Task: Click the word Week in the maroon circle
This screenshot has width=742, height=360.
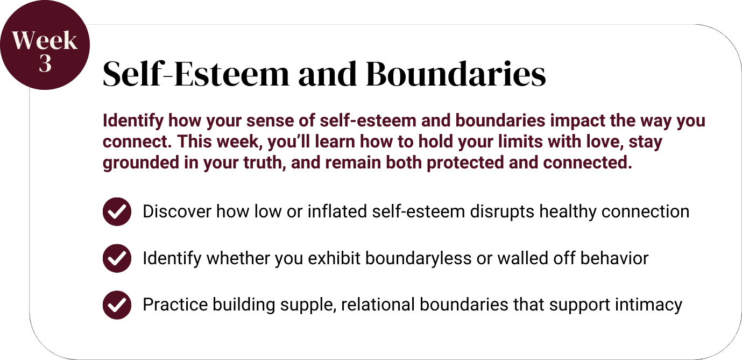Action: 45,40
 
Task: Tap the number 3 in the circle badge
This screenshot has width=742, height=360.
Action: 45,63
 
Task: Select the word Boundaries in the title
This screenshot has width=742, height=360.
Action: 456,74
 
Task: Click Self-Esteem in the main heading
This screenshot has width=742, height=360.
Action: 196,74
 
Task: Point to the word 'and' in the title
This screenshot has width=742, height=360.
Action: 328,74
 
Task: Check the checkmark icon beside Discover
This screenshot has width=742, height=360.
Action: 117,211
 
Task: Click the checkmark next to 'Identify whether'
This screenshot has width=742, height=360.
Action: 117,258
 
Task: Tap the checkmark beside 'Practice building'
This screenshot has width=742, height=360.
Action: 117,305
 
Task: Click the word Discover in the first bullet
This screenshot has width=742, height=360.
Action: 177,211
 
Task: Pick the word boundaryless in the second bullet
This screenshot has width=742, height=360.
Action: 418,258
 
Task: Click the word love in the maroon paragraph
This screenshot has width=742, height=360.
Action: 605,142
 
